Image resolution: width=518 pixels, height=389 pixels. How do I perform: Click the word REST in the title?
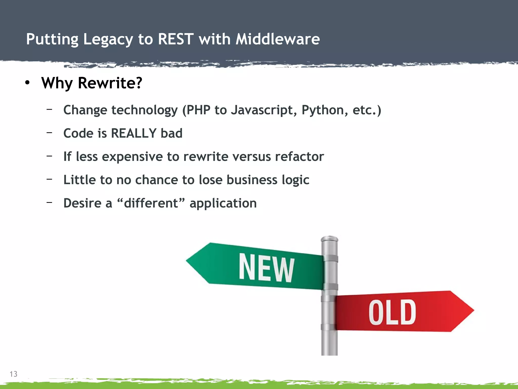(176, 39)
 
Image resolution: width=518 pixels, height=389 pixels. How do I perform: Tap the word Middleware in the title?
(277, 39)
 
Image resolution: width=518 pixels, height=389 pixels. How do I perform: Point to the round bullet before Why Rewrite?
(27, 83)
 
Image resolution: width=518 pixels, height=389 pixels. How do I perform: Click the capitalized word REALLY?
(134, 133)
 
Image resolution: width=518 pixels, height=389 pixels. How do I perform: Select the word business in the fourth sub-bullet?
(252, 180)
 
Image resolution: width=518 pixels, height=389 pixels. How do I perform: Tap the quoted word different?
(151, 203)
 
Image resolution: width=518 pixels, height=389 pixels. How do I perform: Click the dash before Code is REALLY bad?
(50, 132)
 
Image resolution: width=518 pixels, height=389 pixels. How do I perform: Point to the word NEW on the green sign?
(266, 268)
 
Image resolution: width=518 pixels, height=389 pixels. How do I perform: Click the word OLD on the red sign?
(392, 312)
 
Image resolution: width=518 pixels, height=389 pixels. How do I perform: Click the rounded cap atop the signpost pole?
(329, 239)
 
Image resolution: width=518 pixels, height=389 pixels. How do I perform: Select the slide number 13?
(13, 374)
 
